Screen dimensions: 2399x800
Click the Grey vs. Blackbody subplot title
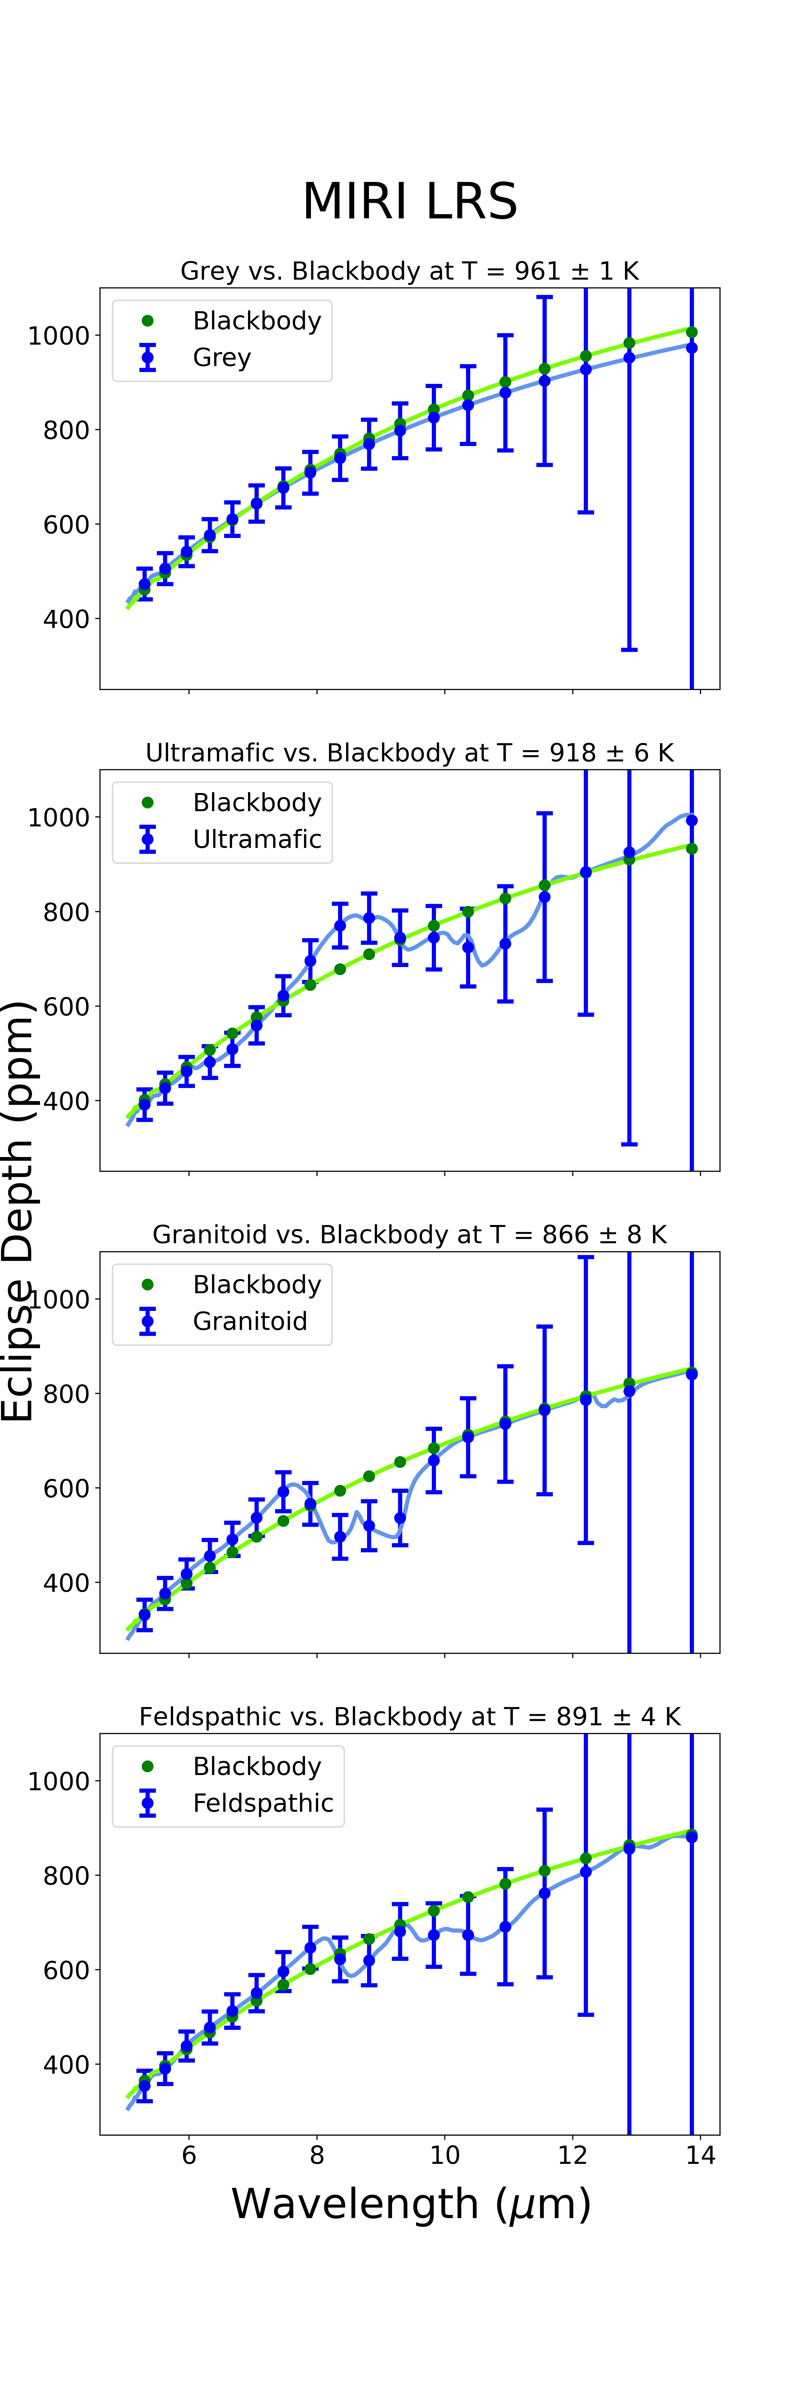point(410,271)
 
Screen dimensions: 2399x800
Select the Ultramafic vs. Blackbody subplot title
point(410,752)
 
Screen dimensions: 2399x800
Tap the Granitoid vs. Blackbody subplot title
point(410,1235)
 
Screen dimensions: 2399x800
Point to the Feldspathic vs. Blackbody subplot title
point(410,1716)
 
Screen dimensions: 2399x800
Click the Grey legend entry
point(222,358)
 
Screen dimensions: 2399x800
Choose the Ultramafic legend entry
point(257,839)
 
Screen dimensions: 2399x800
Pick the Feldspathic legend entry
point(263,1803)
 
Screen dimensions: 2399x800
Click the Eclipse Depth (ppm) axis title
point(19,1211)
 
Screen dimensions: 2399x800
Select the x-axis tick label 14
point(700,2155)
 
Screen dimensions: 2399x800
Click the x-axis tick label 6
point(189,2155)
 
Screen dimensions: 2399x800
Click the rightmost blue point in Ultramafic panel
point(691,820)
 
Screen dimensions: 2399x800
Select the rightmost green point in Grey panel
point(691,332)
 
